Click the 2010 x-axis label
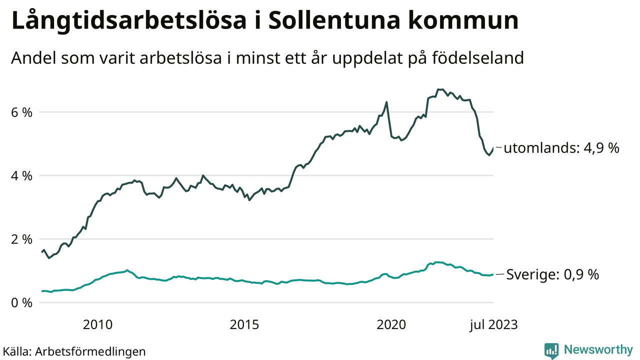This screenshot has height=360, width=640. tap(98, 325)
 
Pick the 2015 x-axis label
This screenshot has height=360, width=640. tap(244, 325)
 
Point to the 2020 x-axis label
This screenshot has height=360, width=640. tap(391, 325)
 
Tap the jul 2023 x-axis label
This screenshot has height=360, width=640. tap(493, 325)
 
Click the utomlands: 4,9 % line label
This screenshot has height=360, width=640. tap(561, 148)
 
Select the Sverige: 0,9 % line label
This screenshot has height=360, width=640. tap(552, 274)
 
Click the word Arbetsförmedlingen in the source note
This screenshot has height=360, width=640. tap(90, 351)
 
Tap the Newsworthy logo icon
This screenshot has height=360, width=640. tap(551, 350)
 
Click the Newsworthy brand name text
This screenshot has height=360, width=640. tap(597, 349)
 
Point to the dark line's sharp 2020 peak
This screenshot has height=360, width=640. tap(386, 102)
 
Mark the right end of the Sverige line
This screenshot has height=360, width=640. tap(493, 274)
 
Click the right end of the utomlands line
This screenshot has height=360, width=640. tap(493, 148)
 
